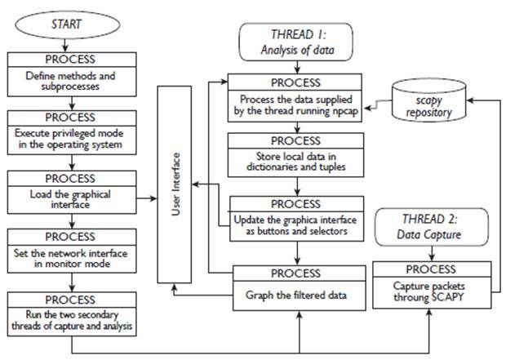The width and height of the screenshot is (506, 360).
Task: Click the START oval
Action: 67,24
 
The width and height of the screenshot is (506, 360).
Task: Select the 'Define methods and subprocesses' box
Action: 72,74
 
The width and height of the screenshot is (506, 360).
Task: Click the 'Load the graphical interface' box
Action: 72,192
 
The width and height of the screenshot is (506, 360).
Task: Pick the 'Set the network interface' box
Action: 72,251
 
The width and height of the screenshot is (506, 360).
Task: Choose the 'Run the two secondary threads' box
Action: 72,313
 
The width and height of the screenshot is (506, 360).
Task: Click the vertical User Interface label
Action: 175,184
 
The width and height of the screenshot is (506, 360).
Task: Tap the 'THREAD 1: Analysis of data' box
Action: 295,42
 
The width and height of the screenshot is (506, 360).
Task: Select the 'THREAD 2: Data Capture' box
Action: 432,227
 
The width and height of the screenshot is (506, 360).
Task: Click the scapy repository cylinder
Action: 428,100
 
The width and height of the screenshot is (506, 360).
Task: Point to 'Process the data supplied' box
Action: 295,98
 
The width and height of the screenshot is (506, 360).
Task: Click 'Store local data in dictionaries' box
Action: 295,155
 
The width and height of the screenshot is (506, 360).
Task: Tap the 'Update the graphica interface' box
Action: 296,219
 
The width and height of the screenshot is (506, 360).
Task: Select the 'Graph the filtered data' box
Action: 300,288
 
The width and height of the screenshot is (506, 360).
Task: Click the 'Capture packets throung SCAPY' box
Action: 432,285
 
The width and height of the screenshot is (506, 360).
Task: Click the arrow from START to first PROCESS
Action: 65,46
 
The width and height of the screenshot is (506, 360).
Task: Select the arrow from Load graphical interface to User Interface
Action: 147,198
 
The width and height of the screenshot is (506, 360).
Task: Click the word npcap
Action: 345,111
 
